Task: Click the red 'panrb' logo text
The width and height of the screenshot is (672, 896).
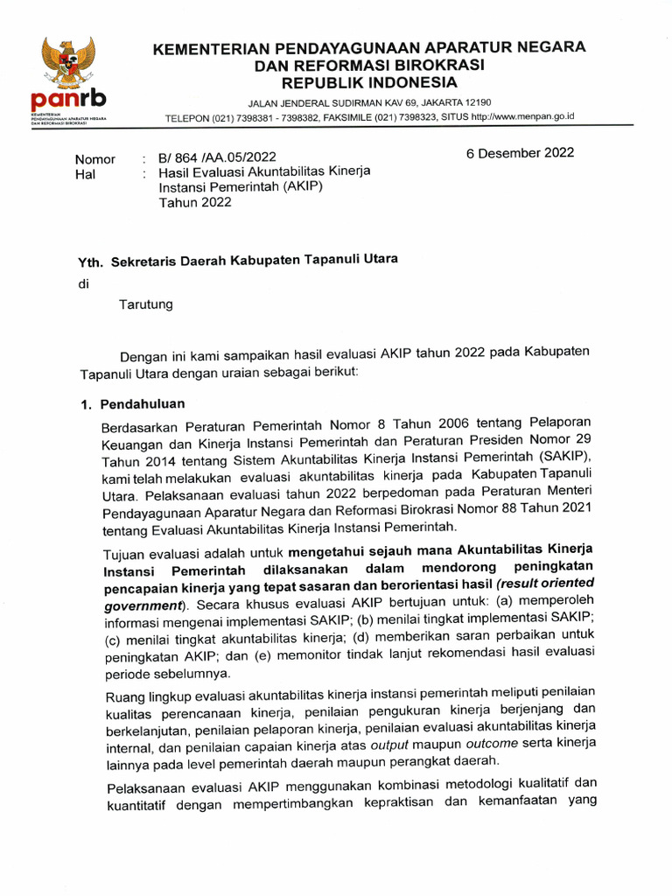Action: point(67,101)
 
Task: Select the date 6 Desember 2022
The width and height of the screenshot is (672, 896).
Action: point(520,152)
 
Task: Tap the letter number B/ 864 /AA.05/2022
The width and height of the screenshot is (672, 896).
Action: point(217,157)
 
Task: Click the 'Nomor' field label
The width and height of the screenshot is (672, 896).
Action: point(95,159)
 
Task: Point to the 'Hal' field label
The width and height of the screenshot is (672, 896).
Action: point(86,174)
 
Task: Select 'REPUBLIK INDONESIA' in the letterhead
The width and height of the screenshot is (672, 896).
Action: point(368,83)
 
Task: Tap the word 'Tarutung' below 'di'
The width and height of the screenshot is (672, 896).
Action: point(146,304)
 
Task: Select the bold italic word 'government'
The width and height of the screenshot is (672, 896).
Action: point(143,605)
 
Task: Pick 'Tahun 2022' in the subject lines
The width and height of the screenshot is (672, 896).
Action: point(195,203)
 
